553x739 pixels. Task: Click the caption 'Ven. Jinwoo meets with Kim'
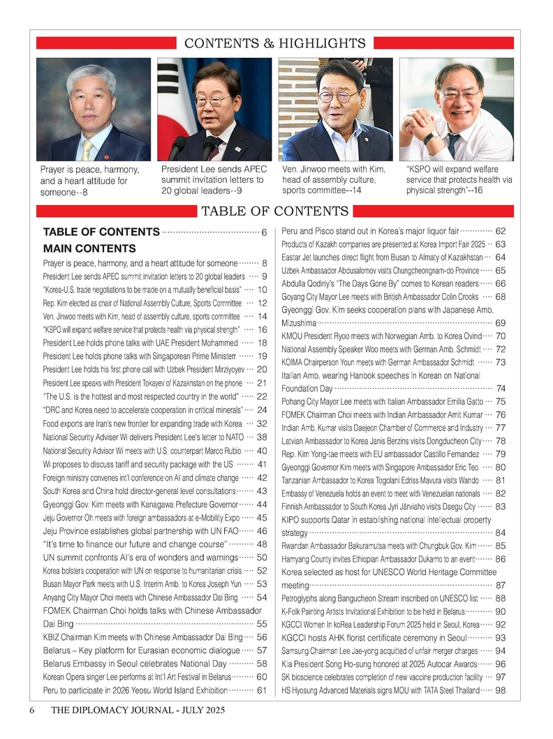pos(334,170)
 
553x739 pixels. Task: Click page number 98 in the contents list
pos(500,691)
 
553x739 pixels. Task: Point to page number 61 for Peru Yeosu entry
pos(263,691)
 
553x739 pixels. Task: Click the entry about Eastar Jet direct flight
pos(383,257)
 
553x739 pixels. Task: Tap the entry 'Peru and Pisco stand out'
pos(369,231)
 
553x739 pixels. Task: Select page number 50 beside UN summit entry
pos(263,557)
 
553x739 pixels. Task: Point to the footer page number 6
pos(32,710)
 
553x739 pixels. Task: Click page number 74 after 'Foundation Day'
pos(500,389)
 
